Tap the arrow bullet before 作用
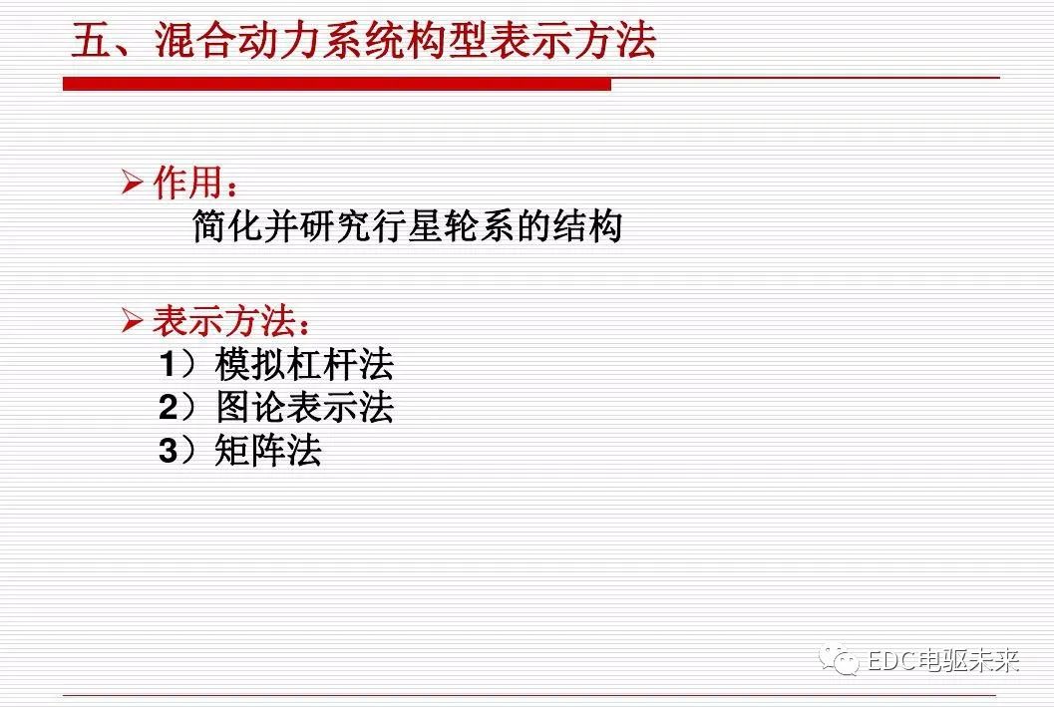133,183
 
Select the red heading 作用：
195,184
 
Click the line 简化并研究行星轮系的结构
407,226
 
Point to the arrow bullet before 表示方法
133,321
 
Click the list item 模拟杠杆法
304,365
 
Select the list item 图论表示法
304,408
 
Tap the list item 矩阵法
268,451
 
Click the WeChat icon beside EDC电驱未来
839,659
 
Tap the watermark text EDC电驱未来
942,660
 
